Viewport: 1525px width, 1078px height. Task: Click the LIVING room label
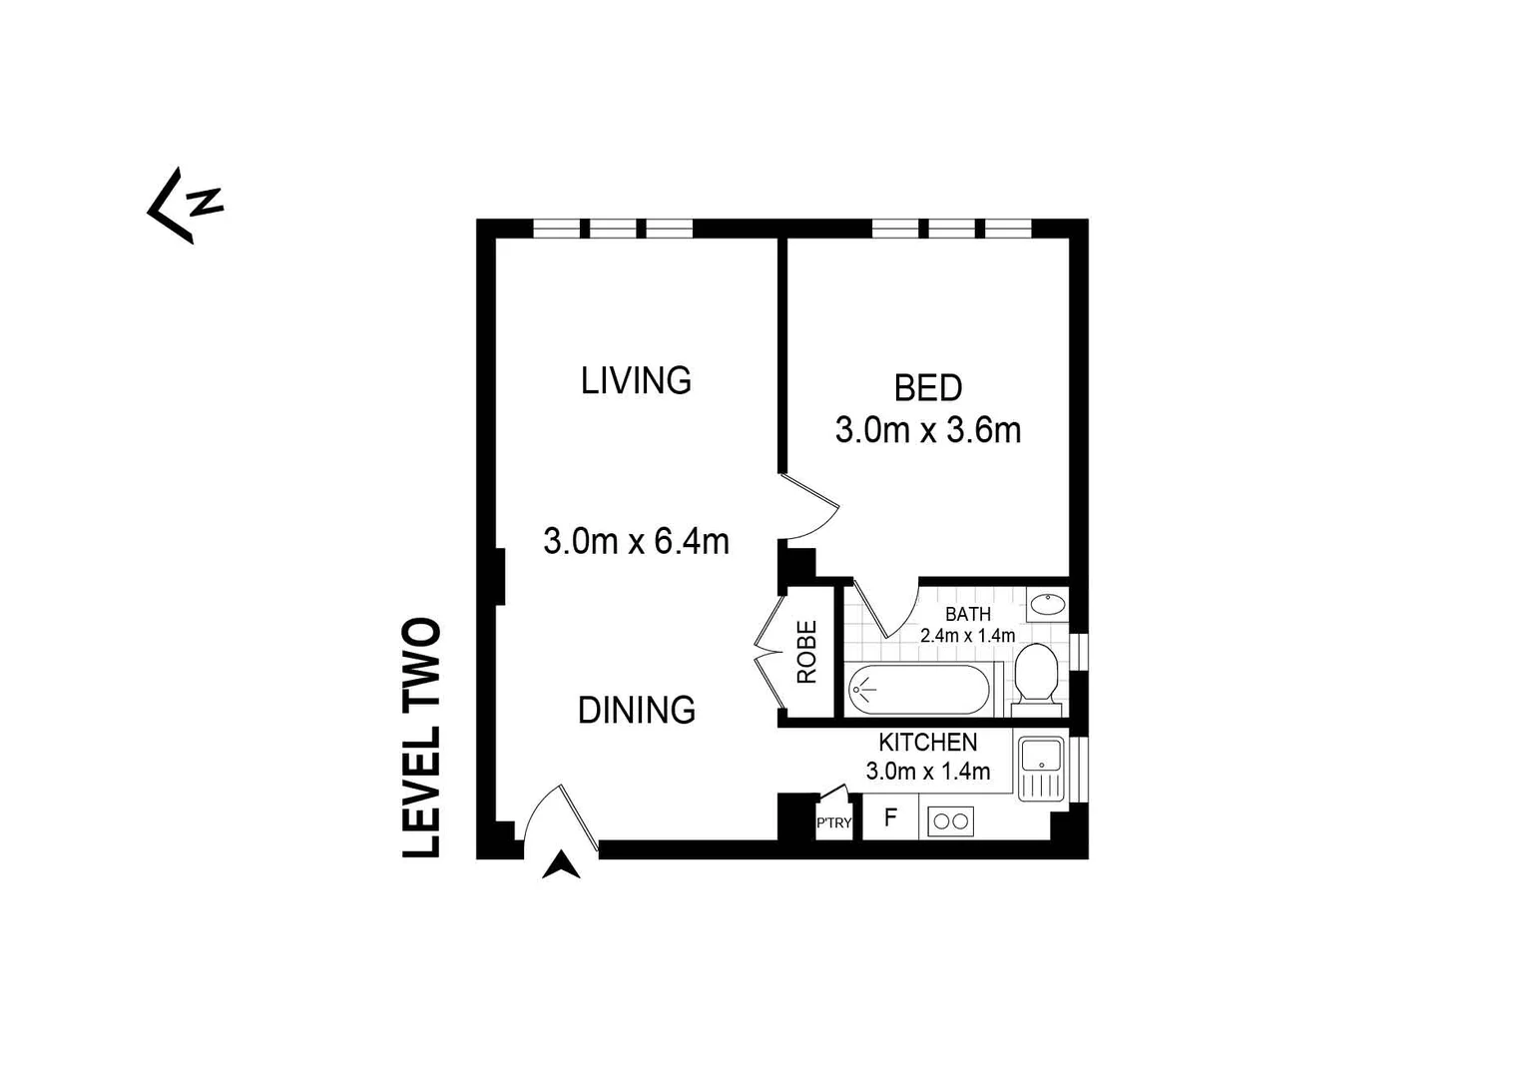tap(636, 380)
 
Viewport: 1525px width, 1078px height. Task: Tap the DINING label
tap(637, 711)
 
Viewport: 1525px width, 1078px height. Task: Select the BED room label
tap(927, 387)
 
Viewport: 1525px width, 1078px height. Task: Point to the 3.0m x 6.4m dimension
tap(636, 542)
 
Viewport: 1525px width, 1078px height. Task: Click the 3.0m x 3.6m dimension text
tap(927, 431)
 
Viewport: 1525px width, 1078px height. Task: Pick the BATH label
tap(967, 614)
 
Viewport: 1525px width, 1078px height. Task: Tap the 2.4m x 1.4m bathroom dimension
tap(967, 636)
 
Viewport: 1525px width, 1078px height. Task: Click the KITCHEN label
tap(927, 743)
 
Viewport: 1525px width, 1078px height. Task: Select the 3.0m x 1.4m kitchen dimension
tap(927, 772)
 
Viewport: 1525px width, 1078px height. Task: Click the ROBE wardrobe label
tap(806, 652)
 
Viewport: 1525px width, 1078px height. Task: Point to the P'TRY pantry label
tap(833, 823)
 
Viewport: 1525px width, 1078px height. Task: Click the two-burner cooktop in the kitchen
tap(950, 821)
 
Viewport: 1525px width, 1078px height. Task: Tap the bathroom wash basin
tap(1047, 605)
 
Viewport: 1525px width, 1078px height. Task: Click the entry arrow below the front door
tap(561, 865)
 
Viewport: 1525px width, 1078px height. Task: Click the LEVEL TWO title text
tap(421, 737)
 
